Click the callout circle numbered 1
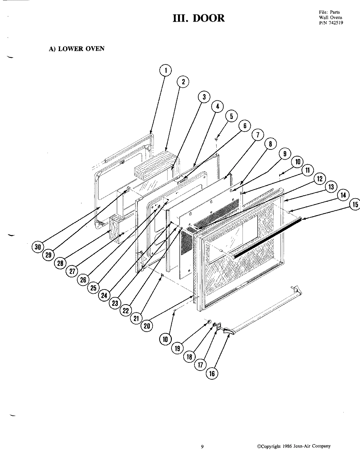(166, 70)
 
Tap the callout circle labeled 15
(354, 205)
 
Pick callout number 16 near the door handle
(212, 374)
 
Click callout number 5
(231, 116)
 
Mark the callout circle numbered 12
(319, 179)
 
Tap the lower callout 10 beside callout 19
(165, 340)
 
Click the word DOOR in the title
(209, 18)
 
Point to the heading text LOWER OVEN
(81, 49)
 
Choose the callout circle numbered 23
(115, 303)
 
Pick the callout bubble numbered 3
(204, 97)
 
